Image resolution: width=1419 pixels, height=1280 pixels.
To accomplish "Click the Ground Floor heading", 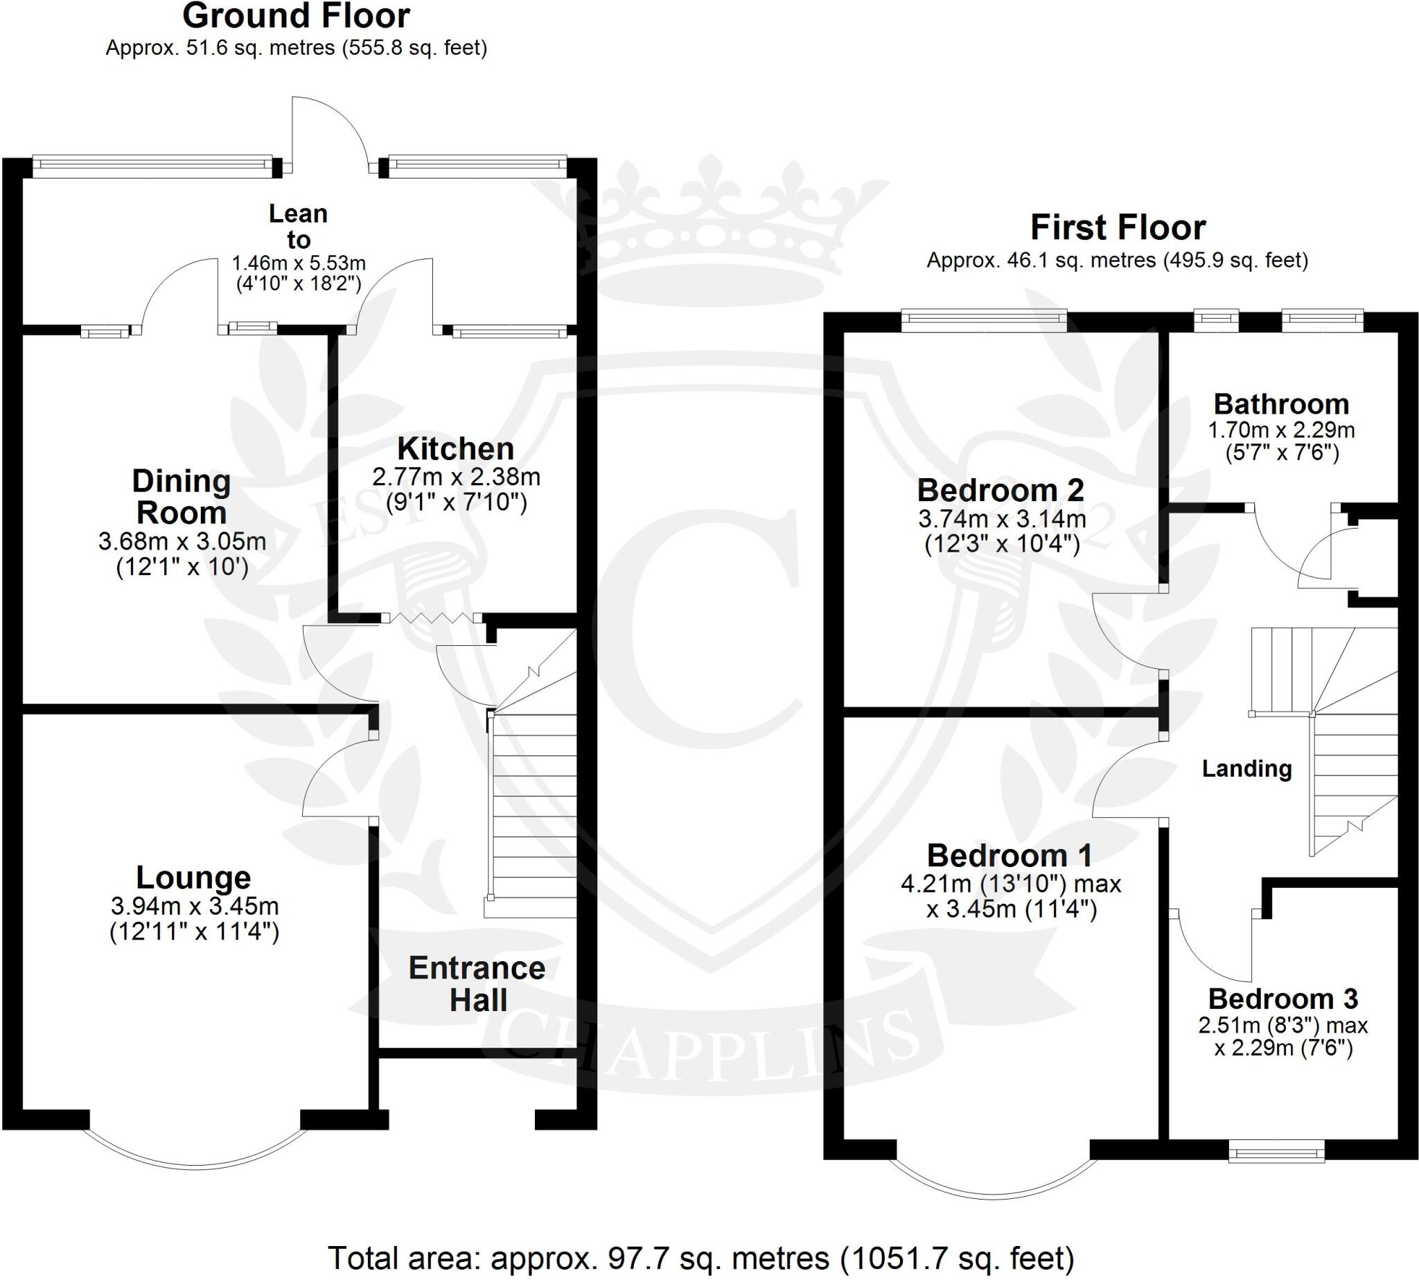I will point(296,16).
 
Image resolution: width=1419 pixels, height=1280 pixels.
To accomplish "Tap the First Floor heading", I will point(1118,228).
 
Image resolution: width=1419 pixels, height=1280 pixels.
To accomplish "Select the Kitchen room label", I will point(456,448).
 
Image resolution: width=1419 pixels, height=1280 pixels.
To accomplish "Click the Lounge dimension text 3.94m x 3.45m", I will point(195,906).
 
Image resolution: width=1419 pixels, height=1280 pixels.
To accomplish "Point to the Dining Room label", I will point(182,497).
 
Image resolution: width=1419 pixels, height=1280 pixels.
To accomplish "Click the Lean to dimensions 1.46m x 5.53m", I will point(299,264).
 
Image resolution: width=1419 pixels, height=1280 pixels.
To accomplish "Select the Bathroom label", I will point(1281,405).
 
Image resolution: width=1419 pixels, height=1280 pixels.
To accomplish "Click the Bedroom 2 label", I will point(1001,490).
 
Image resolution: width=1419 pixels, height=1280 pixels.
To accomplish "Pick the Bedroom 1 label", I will point(1009,856).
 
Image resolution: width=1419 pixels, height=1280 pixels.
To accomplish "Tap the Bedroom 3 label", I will point(1283,999).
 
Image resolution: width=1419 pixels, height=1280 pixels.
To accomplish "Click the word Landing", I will point(1246,769).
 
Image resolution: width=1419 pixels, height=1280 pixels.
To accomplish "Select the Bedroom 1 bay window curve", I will point(993,1195).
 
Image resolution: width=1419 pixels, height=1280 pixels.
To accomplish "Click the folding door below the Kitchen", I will point(430,617).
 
